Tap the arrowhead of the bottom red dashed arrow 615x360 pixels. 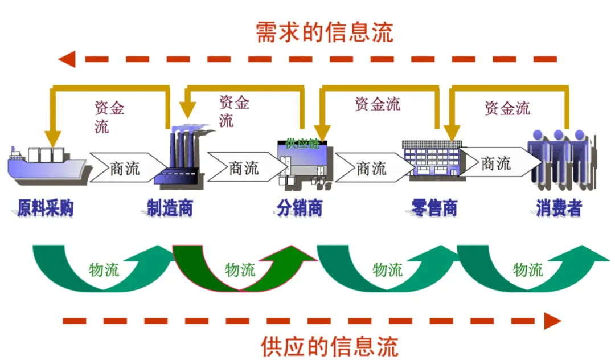(552, 321)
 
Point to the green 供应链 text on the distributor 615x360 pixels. (302, 142)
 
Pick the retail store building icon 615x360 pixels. (431, 159)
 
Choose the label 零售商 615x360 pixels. (434, 208)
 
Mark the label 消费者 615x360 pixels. (559, 208)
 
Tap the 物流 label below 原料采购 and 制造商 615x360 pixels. (104, 269)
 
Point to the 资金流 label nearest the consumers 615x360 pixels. (507, 108)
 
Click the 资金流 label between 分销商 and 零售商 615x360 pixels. (378, 104)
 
